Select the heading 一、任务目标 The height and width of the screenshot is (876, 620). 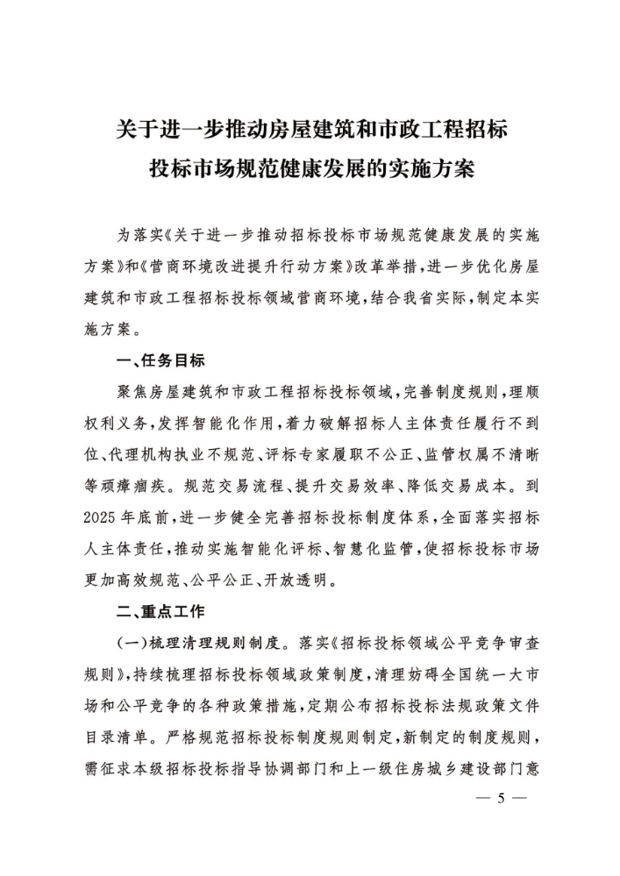161,360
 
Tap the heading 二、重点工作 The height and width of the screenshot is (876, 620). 161,611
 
